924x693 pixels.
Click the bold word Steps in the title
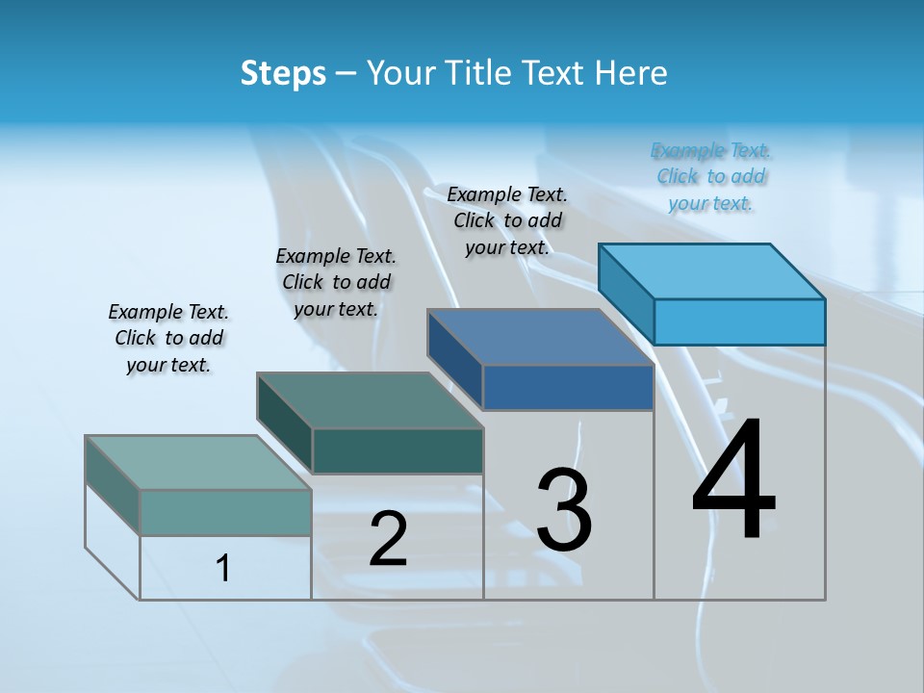pyautogui.click(x=283, y=73)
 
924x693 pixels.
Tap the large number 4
pyautogui.click(x=733, y=481)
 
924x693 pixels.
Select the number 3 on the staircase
pyautogui.click(x=564, y=510)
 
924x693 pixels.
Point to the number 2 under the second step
pyautogui.click(x=388, y=539)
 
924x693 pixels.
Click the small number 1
pyautogui.click(x=223, y=568)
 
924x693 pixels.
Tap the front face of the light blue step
pyautogui.click(x=739, y=321)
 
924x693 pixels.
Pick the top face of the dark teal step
pyautogui.click(x=370, y=400)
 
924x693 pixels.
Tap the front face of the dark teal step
pyautogui.click(x=397, y=450)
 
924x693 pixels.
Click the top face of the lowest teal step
pyautogui.click(x=198, y=463)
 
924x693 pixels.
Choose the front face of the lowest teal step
pyautogui.click(x=225, y=512)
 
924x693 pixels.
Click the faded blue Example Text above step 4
pyautogui.click(x=710, y=177)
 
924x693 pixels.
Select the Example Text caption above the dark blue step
pyautogui.click(x=507, y=220)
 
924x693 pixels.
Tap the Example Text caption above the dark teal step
pyautogui.click(x=336, y=282)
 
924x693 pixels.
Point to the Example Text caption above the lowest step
pyautogui.click(x=168, y=338)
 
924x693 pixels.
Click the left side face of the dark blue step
pyautogui.click(x=454, y=360)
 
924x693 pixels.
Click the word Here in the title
pyautogui.click(x=632, y=73)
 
